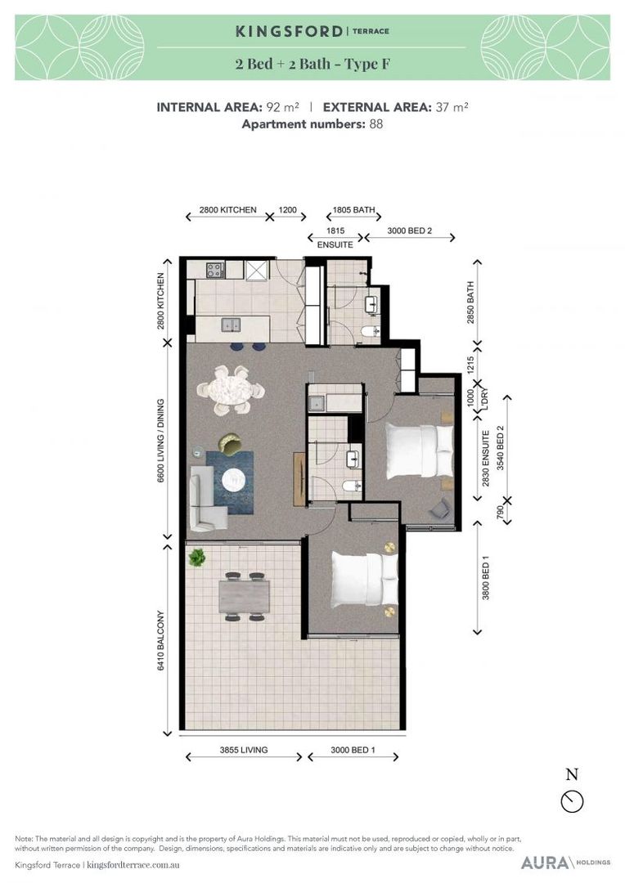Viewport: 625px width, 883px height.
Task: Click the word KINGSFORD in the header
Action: (x=289, y=32)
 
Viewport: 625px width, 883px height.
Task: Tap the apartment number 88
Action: (x=375, y=124)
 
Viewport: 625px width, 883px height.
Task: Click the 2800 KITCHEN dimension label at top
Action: (x=227, y=210)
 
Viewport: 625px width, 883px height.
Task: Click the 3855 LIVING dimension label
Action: (x=244, y=750)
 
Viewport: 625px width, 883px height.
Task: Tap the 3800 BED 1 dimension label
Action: (x=486, y=578)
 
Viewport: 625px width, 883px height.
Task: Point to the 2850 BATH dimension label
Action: (x=471, y=302)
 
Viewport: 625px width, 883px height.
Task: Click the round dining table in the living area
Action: (x=232, y=388)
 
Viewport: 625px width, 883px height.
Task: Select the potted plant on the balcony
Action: (x=196, y=558)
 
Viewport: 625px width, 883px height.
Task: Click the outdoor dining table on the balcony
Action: (x=243, y=594)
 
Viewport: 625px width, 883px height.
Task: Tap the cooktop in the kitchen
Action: (x=214, y=268)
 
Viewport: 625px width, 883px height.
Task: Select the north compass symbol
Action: (x=573, y=800)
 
